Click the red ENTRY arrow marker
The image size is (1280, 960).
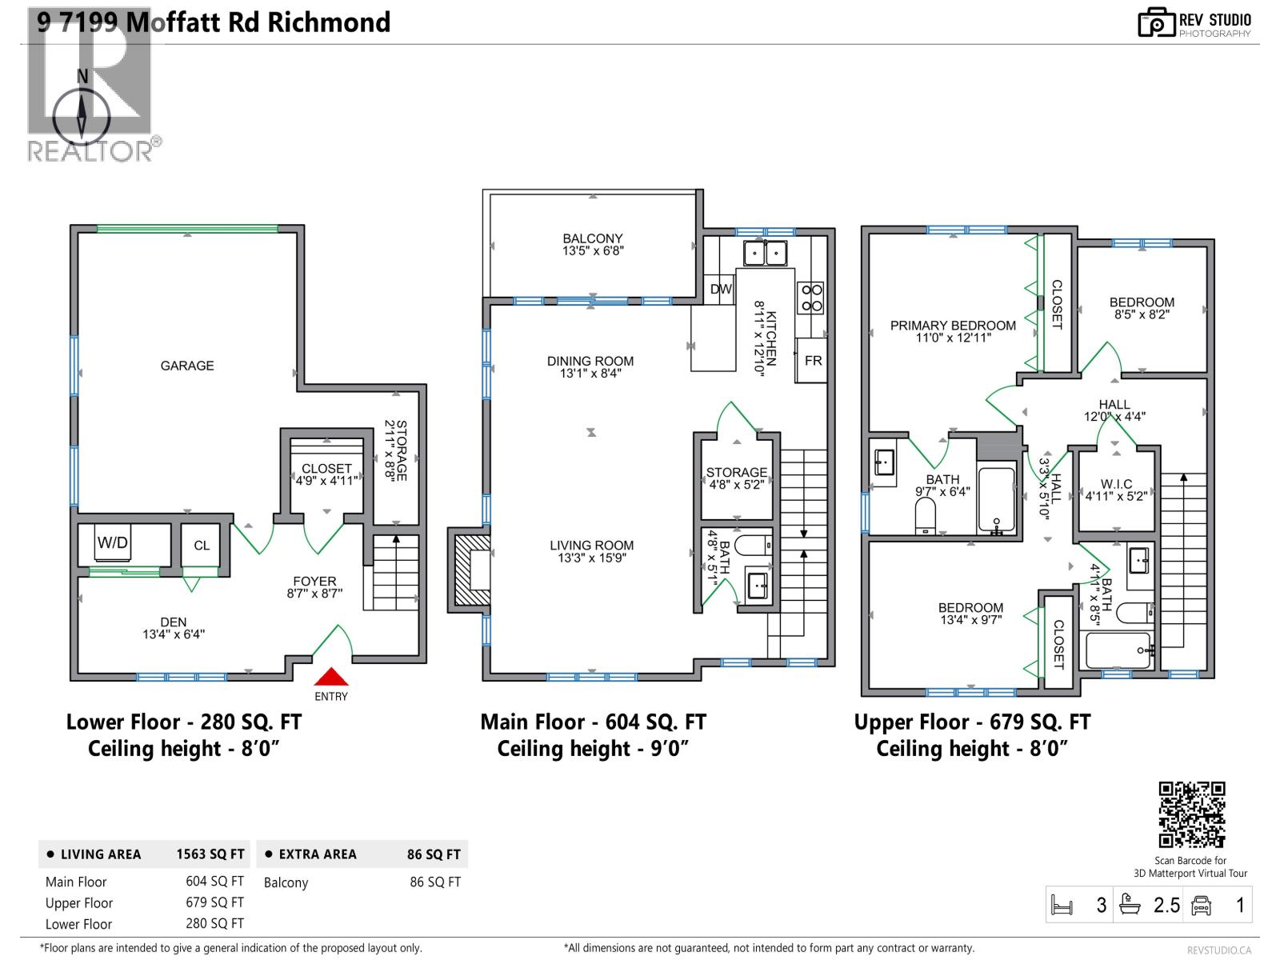point(330,678)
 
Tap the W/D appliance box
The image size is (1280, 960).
point(113,543)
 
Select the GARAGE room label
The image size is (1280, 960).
point(187,366)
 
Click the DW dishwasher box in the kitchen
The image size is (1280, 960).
point(721,289)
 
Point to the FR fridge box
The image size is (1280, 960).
point(812,361)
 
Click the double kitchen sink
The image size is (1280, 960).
point(765,253)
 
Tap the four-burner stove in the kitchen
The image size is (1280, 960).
point(811,298)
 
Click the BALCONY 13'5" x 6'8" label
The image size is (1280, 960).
point(593,244)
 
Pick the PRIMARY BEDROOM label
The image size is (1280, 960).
point(953,331)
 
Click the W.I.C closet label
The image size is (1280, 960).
point(1116,490)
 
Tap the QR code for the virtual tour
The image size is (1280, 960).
point(1191,814)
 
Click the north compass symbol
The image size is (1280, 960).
point(82,112)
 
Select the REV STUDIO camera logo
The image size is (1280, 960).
point(1156,22)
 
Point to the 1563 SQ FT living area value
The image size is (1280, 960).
point(210,854)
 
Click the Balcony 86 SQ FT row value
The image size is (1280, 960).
point(435,882)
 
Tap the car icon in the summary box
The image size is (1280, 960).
point(1201,906)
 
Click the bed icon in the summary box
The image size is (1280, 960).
point(1062,906)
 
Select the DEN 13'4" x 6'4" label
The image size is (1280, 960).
point(174,628)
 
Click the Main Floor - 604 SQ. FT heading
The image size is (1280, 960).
point(593,722)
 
